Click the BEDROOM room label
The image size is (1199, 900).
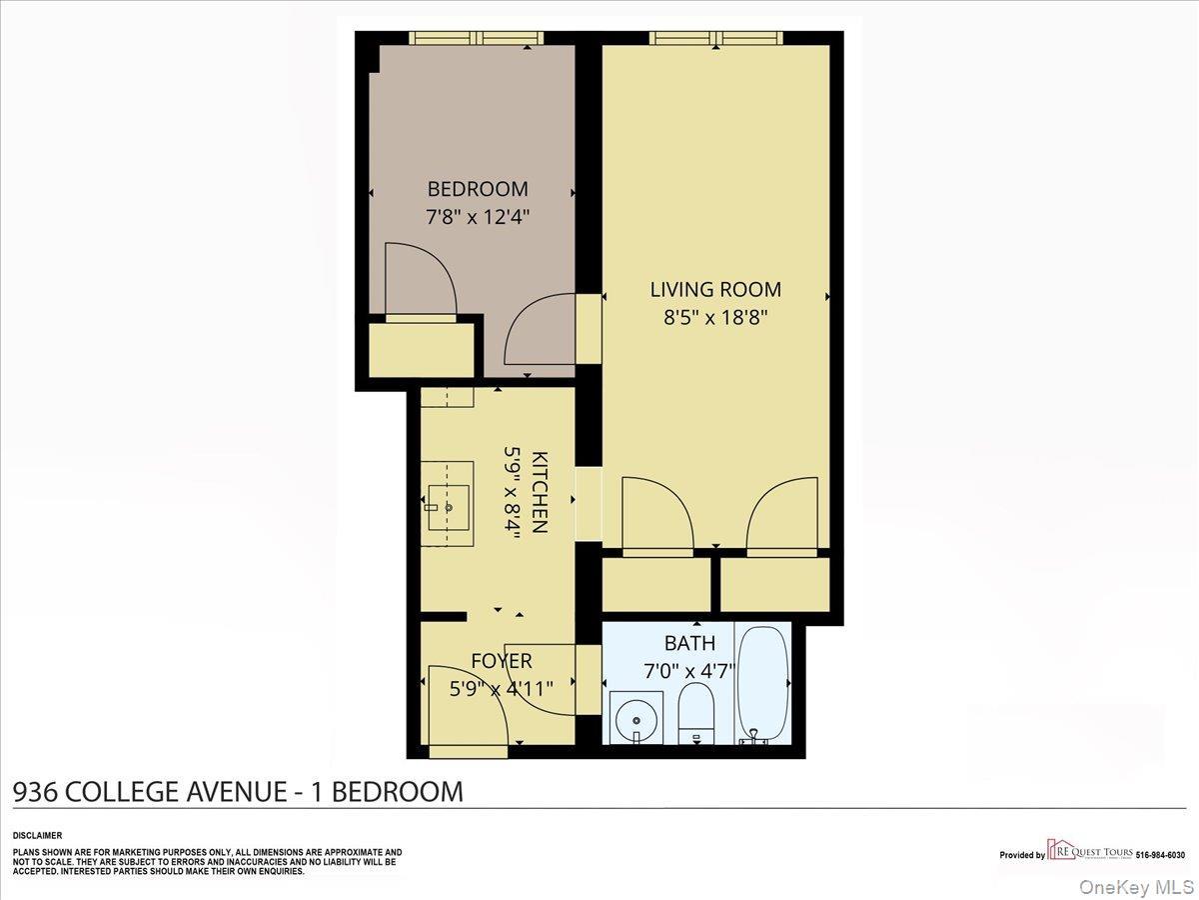click(x=478, y=189)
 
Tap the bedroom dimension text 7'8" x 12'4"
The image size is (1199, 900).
click(x=478, y=216)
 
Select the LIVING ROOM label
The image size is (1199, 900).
click(x=715, y=290)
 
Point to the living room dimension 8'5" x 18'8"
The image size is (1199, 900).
click(x=715, y=317)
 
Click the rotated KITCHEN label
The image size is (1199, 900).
click(x=540, y=492)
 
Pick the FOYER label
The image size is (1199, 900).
click(x=502, y=661)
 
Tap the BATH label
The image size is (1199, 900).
click(x=689, y=643)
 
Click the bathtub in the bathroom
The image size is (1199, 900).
click(x=763, y=684)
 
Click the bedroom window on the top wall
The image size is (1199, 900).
click(x=477, y=38)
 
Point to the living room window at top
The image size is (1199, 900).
click(x=715, y=38)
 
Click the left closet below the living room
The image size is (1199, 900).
click(x=655, y=584)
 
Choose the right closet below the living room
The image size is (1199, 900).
click(x=775, y=584)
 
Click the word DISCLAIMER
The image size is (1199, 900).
click(x=37, y=835)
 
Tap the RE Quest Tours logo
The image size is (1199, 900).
click(x=1089, y=852)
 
